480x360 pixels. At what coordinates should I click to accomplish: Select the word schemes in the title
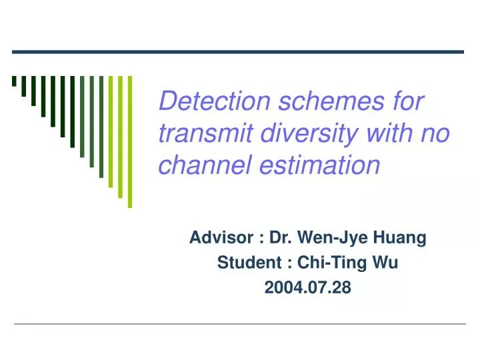pyautogui.click(x=314, y=102)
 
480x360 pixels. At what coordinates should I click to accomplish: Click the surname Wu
pyautogui.click(x=386, y=263)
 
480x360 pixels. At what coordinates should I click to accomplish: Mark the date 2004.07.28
pyautogui.click(x=308, y=288)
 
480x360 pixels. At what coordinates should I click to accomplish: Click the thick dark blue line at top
pyautogui.click(x=238, y=51)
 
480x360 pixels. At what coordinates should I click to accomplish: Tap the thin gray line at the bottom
pyautogui.click(x=240, y=324)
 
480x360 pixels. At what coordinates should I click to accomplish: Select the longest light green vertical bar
pyautogui.click(x=130, y=141)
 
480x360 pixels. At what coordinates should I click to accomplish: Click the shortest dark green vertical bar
pyautogui.click(x=14, y=81)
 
